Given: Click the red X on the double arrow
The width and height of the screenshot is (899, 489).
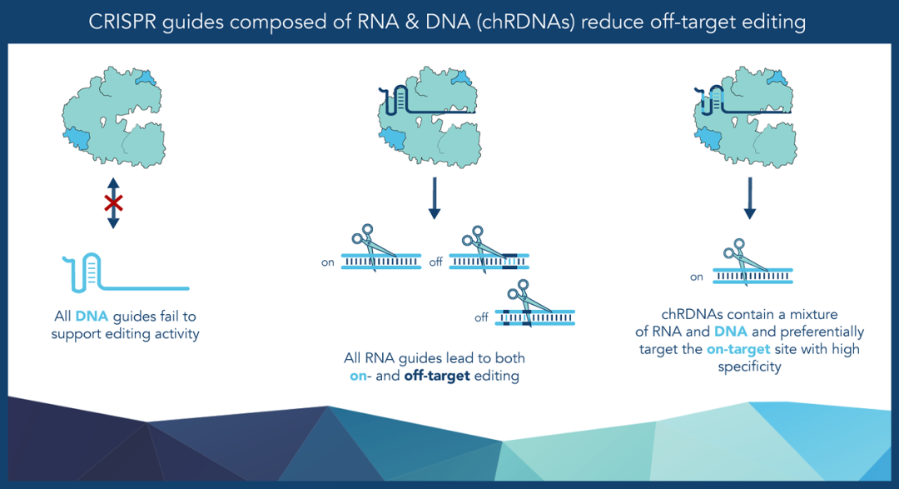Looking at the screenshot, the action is click(113, 203).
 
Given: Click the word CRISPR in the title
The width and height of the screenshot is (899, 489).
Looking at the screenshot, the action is click(122, 22).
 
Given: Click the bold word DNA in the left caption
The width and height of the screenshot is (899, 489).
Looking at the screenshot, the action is click(92, 317).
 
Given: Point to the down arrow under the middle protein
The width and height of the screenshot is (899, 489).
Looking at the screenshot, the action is click(434, 198).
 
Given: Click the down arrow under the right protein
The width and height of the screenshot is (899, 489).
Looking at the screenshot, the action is click(749, 198).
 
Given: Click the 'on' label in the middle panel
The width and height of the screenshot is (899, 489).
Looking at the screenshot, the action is click(327, 263).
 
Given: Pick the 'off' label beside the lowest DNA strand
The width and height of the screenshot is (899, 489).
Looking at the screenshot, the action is click(481, 317).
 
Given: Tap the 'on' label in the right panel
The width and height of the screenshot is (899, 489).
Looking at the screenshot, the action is click(697, 277).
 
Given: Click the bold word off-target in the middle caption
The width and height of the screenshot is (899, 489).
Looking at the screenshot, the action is click(437, 376).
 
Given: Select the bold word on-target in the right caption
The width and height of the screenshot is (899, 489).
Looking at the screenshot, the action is click(738, 350).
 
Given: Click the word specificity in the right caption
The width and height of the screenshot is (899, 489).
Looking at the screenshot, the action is click(749, 367).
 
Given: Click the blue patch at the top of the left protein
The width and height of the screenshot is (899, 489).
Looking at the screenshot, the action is click(146, 77).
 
